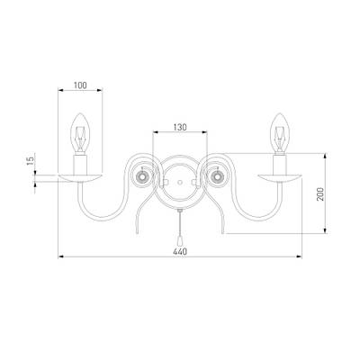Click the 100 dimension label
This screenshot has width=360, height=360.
(80, 85)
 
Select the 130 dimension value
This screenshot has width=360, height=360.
(180, 127)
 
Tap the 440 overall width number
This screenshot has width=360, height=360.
(180, 252)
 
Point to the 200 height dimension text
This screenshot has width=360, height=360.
(320, 194)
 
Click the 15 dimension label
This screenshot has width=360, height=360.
(30, 161)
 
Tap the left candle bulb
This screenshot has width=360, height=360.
(80, 133)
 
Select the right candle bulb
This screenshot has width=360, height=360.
(280, 133)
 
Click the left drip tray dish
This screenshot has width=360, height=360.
(80, 178)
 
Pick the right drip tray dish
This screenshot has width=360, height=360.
(280, 178)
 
